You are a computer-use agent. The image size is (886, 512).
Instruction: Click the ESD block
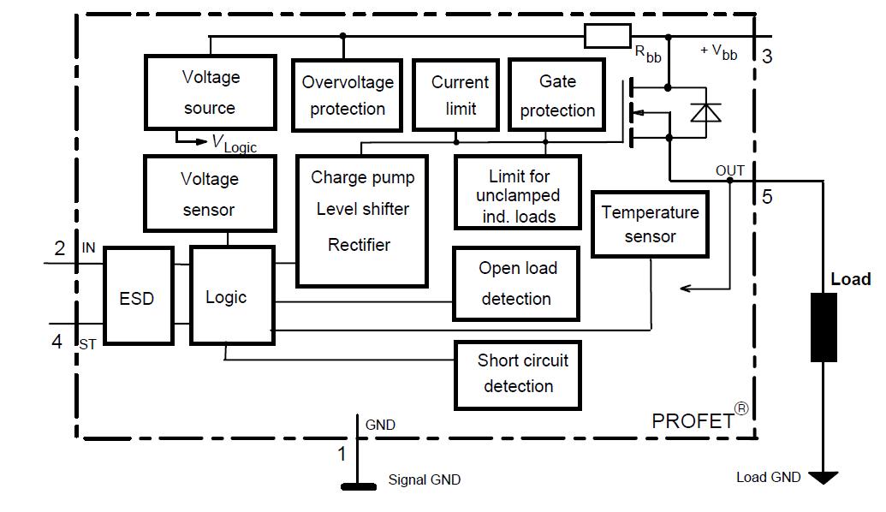tap(137, 296)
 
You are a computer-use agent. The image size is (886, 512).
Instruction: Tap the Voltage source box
tap(210, 92)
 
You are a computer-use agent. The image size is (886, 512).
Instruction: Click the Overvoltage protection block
tap(348, 95)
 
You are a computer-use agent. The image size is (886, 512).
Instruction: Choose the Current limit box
tap(460, 95)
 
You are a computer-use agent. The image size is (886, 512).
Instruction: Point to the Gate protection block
tap(557, 95)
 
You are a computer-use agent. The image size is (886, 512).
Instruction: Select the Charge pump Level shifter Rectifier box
tap(362, 220)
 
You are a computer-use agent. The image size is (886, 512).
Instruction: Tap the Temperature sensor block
tap(650, 224)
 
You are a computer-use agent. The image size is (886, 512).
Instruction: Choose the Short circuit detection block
tap(517, 373)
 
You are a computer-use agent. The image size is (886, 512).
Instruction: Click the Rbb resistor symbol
tap(607, 36)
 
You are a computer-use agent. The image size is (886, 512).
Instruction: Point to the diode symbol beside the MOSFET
tap(705, 112)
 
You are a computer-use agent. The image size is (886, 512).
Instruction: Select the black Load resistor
tap(823, 327)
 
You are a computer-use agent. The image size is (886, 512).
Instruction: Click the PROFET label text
tap(693, 420)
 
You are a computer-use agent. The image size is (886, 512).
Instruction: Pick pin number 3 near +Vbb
tap(767, 57)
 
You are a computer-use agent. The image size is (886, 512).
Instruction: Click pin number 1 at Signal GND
tap(342, 455)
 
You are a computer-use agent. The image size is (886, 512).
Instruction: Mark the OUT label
tap(729, 171)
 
